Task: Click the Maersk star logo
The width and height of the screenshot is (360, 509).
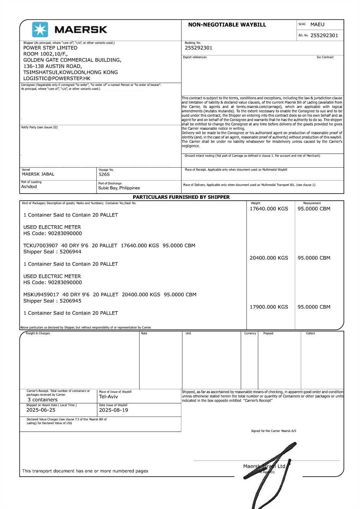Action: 40,29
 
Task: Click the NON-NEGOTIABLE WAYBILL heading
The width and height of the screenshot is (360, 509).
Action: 227,25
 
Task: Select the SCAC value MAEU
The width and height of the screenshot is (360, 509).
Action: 317,24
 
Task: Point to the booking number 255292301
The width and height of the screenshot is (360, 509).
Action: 198,48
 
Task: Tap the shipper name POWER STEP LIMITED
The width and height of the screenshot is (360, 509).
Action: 50,48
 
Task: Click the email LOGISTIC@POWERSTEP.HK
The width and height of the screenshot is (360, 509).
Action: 57,78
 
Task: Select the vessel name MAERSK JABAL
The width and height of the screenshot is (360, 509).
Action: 38,174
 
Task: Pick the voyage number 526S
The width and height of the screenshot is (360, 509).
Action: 104,174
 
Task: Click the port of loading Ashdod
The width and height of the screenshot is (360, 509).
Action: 29,187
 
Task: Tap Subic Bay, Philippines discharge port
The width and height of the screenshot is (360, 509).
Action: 119,188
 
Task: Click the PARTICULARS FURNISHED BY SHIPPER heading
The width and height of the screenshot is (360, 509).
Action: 181,197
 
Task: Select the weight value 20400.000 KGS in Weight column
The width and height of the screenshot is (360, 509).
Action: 269,258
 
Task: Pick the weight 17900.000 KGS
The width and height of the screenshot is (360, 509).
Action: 269,307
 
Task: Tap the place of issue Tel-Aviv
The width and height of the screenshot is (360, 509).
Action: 108,397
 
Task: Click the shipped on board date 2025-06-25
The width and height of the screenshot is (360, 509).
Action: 41,410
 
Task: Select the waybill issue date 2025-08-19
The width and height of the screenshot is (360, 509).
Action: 113,410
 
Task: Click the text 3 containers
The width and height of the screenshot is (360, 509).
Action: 42,400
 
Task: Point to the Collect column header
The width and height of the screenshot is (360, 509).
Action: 310,333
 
